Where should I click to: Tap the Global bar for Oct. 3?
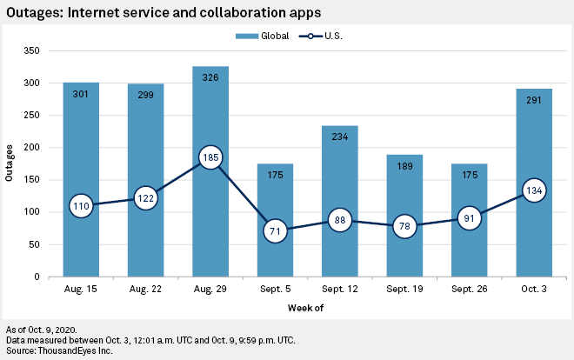[x=533, y=226]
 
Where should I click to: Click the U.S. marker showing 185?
[x=210, y=158]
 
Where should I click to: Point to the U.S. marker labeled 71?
[x=275, y=231]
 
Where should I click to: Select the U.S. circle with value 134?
[x=533, y=190]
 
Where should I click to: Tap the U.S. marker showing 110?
[x=81, y=206]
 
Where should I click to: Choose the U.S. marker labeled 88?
[x=339, y=220]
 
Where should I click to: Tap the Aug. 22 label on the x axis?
[x=145, y=288]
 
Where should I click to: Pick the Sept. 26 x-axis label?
[x=469, y=288]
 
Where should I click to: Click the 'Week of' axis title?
[x=307, y=307]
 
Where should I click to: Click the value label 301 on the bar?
[x=81, y=95]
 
